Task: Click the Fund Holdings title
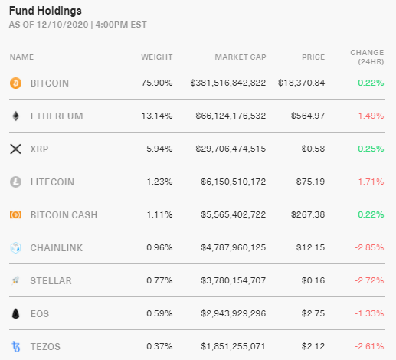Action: click(x=45, y=11)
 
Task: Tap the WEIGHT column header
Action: click(x=156, y=57)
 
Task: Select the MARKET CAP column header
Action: click(x=240, y=57)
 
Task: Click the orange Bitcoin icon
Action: click(x=15, y=83)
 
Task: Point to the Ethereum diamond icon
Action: click(x=15, y=116)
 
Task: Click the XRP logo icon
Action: click(x=15, y=149)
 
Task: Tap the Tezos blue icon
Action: click(x=15, y=346)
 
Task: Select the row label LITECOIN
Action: click(x=53, y=182)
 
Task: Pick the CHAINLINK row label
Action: click(x=56, y=247)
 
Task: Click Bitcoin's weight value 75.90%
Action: click(x=157, y=83)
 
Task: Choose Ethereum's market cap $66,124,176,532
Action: click(x=228, y=116)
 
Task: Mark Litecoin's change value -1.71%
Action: click(x=369, y=182)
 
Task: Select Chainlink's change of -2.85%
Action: click(x=369, y=247)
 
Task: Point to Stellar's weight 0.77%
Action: click(x=159, y=280)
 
